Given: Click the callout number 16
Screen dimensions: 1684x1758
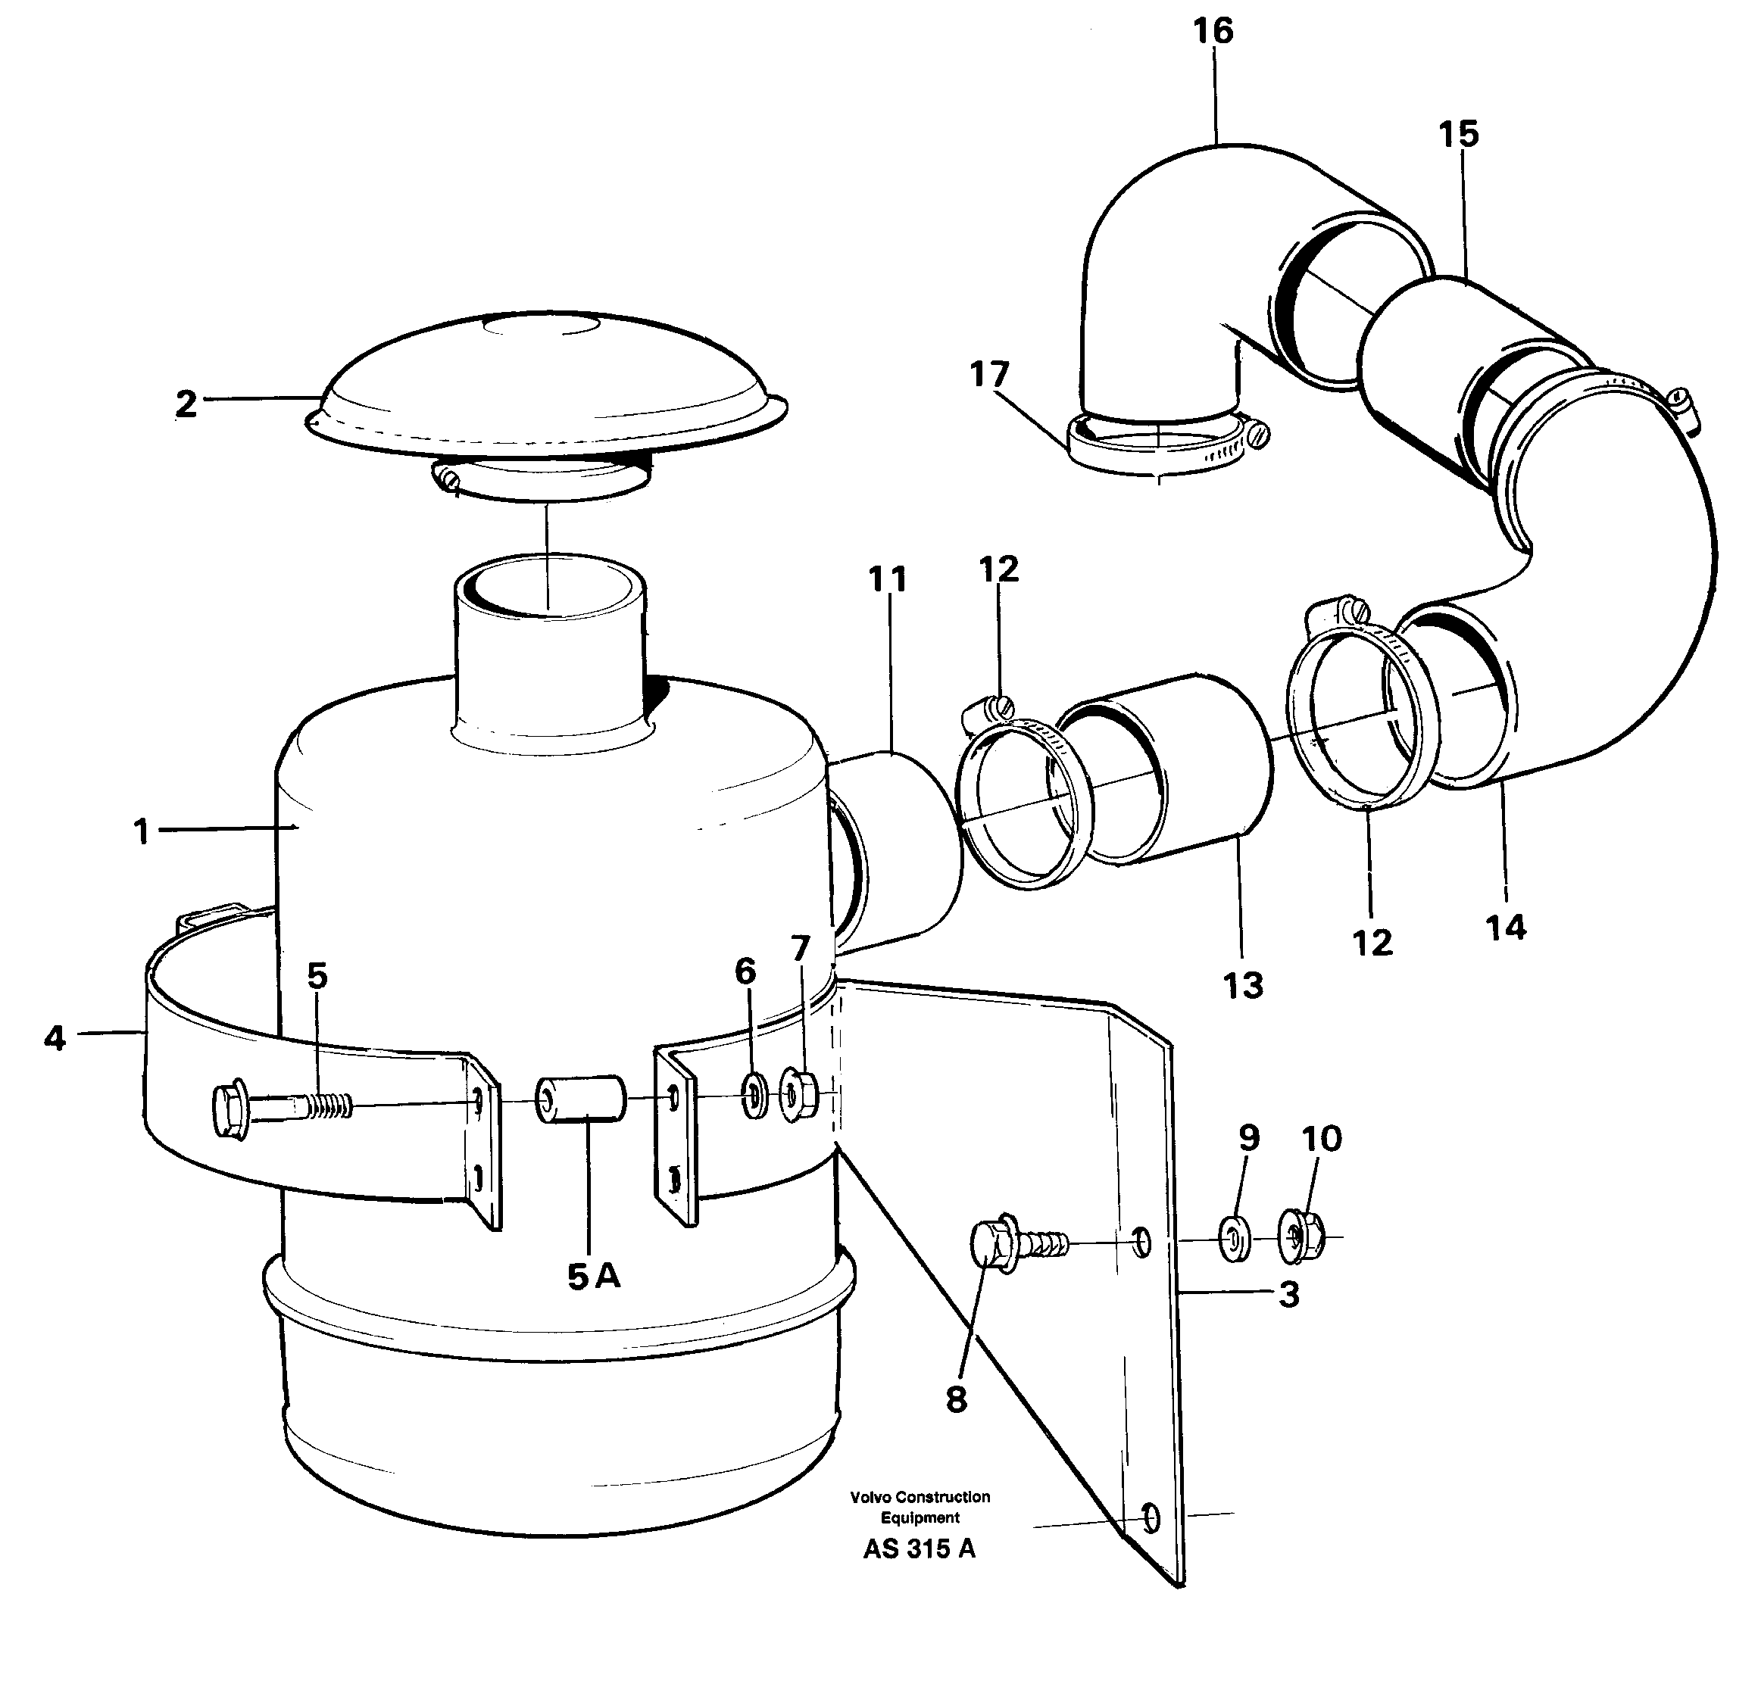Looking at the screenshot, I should coord(1213,31).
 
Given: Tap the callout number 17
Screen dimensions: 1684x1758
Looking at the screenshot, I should coord(989,374).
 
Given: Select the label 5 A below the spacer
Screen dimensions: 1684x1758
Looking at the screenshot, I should coord(593,1276).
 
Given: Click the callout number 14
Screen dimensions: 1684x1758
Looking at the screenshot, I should coord(1505,928).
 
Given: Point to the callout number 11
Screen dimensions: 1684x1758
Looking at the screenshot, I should coord(887,580).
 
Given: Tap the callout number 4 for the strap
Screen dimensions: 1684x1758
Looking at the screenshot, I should coord(55,1038).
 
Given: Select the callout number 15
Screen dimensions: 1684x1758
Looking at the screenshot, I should coord(1458,135).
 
